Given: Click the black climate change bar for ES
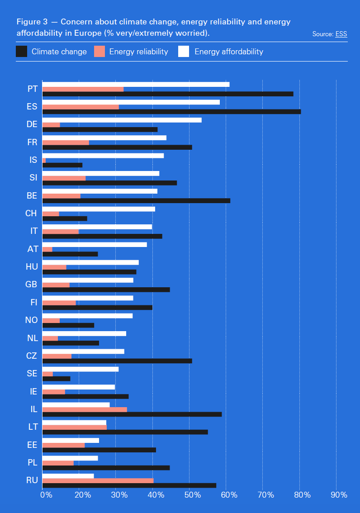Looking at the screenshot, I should coord(171,112).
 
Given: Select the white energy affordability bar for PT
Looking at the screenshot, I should coord(136,84).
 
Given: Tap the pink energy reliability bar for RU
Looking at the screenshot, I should coord(98,480).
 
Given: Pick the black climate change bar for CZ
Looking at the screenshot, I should coord(117,361).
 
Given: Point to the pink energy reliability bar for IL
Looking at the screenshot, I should coord(85,409).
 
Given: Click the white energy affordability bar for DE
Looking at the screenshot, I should coord(122,120).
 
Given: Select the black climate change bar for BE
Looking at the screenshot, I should coord(136,200).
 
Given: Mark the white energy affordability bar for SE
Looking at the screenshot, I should coord(81,369).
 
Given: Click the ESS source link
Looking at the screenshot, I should coord(341,34).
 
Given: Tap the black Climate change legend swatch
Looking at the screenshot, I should coord(21,52).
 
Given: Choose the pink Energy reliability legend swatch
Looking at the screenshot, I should coord(99,52).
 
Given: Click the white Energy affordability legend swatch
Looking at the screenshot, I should coord(184,52).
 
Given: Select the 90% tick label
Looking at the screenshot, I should coord(339,495).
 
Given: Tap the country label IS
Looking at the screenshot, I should coord(33,160).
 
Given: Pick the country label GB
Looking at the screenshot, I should coord(32,285).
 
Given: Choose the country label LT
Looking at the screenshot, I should coord(33,427).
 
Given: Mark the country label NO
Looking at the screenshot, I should coord(31,320).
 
